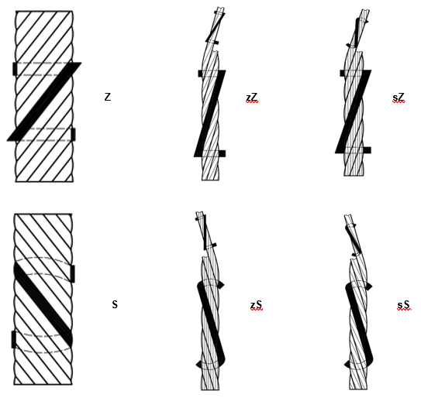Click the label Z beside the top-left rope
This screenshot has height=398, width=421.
click(108, 97)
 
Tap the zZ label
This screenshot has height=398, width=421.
click(252, 97)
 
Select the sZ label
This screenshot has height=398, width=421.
click(399, 98)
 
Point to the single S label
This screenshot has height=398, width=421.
click(115, 304)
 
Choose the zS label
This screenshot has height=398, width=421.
click(257, 305)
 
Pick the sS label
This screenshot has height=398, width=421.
click(404, 305)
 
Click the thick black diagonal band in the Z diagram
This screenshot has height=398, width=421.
click(44, 101)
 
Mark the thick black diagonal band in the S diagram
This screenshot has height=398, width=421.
click(43, 305)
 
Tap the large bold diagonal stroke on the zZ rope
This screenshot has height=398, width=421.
click(210, 114)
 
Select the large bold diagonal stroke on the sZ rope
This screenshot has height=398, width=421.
click(354, 112)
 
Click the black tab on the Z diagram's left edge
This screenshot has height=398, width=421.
click(15, 69)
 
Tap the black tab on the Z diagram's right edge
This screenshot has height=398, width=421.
click(73, 134)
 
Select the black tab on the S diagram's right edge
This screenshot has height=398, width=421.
click(73, 273)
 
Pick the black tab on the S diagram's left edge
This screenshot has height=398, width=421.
click(14, 339)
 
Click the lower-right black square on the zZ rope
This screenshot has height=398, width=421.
click(222, 153)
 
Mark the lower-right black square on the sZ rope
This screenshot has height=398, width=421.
click(367, 150)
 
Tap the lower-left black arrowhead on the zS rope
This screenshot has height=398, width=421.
click(199, 365)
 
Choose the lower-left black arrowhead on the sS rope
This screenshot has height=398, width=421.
click(347, 364)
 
